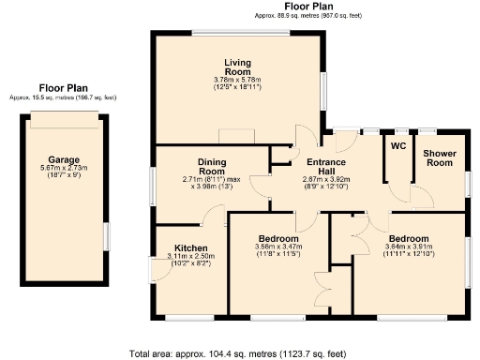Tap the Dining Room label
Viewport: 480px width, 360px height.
pyautogui.click(x=212, y=166)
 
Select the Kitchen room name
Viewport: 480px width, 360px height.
pyautogui.click(x=191, y=248)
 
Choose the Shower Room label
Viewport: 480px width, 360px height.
pyautogui.click(x=439, y=157)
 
